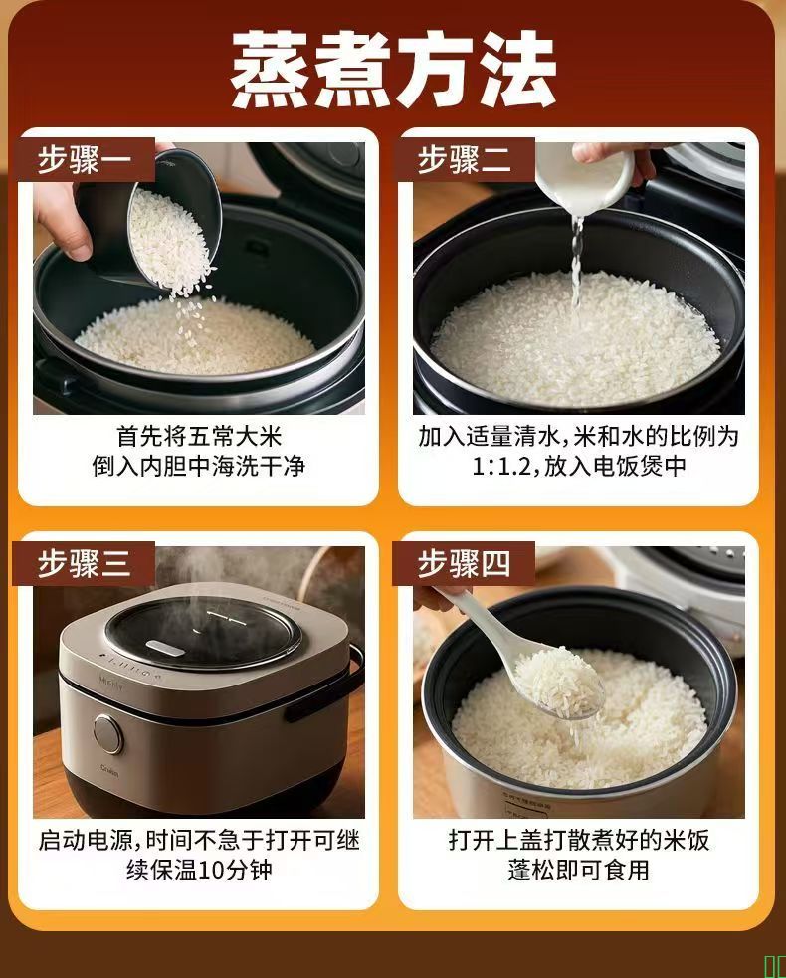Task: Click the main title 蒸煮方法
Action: coord(393,70)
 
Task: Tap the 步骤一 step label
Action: coord(85,159)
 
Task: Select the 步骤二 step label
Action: coord(464,159)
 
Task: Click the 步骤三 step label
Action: coord(85,563)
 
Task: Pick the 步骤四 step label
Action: coord(464,563)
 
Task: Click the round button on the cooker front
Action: coord(108,734)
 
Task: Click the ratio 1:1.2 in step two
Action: coord(501,466)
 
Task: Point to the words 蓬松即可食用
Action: coord(578,870)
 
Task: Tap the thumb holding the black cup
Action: coord(64,225)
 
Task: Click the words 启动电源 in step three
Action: coord(86,840)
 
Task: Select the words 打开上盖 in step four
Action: coord(495,840)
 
